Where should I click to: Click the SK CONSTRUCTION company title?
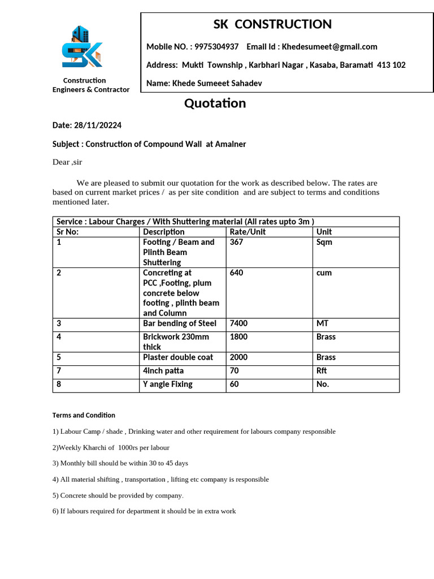(x=272, y=24)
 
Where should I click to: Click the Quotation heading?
(x=215, y=103)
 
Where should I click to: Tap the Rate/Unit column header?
(x=248, y=232)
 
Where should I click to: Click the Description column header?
(x=164, y=232)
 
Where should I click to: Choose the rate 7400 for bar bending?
(x=238, y=323)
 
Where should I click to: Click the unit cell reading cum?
(x=324, y=273)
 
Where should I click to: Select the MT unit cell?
(x=322, y=323)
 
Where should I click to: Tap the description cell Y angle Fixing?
(x=168, y=384)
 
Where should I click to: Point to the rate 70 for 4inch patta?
(x=235, y=371)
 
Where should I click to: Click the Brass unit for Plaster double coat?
(x=326, y=357)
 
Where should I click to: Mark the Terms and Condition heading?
(x=84, y=415)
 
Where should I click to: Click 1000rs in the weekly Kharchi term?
(x=141, y=447)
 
